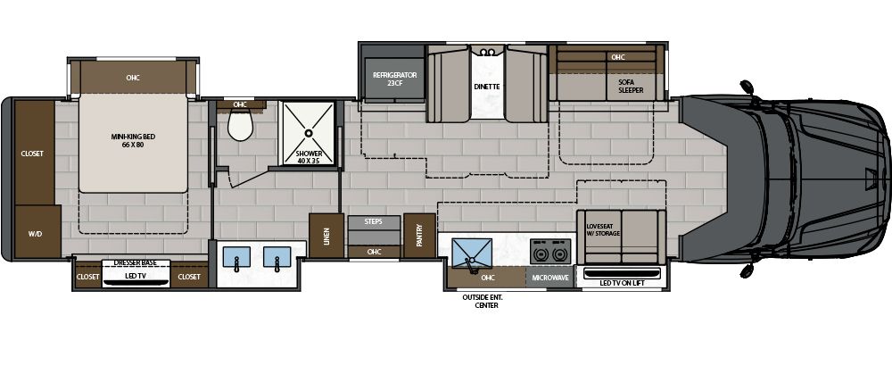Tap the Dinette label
(x=486, y=87)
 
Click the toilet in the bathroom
(x=239, y=128)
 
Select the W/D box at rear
(x=35, y=235)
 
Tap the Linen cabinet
(x=326, y=237)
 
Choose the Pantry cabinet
(x=414, y=236)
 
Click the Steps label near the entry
(x=374, y=220)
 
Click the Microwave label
(x=550, y=278)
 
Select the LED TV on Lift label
(x=622, y=282)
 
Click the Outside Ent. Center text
(x=479, y=300)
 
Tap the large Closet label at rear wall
(x=32, y=153)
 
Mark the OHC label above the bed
(x=134, y=78)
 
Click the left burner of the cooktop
(x=540, y=253)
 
